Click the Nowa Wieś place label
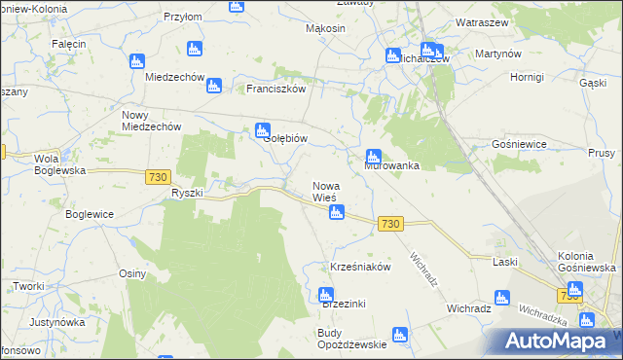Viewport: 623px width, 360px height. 324,192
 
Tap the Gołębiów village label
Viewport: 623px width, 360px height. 286,139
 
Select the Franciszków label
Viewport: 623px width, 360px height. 276,89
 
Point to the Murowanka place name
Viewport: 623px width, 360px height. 391,166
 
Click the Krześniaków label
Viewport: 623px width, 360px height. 360,266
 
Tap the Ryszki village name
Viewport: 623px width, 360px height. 186,193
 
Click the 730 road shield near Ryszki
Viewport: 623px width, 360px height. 159,176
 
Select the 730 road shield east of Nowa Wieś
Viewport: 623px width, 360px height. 390,224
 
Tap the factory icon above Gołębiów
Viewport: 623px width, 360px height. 262,129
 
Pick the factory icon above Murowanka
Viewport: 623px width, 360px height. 373,156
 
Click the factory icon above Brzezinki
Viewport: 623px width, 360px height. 326,294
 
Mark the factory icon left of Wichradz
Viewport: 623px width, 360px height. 502,299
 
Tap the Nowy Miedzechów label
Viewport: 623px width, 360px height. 151,120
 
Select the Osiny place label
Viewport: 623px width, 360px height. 132,273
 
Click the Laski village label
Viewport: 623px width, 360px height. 504,263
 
